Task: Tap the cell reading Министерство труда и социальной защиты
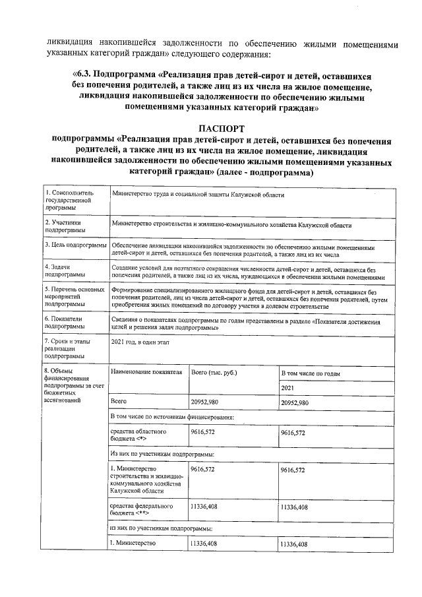(x=198, y=195)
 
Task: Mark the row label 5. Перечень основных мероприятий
(x=74, y=297)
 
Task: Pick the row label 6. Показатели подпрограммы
(x=65, y=322)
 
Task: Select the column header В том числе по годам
(x=310, y=373)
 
